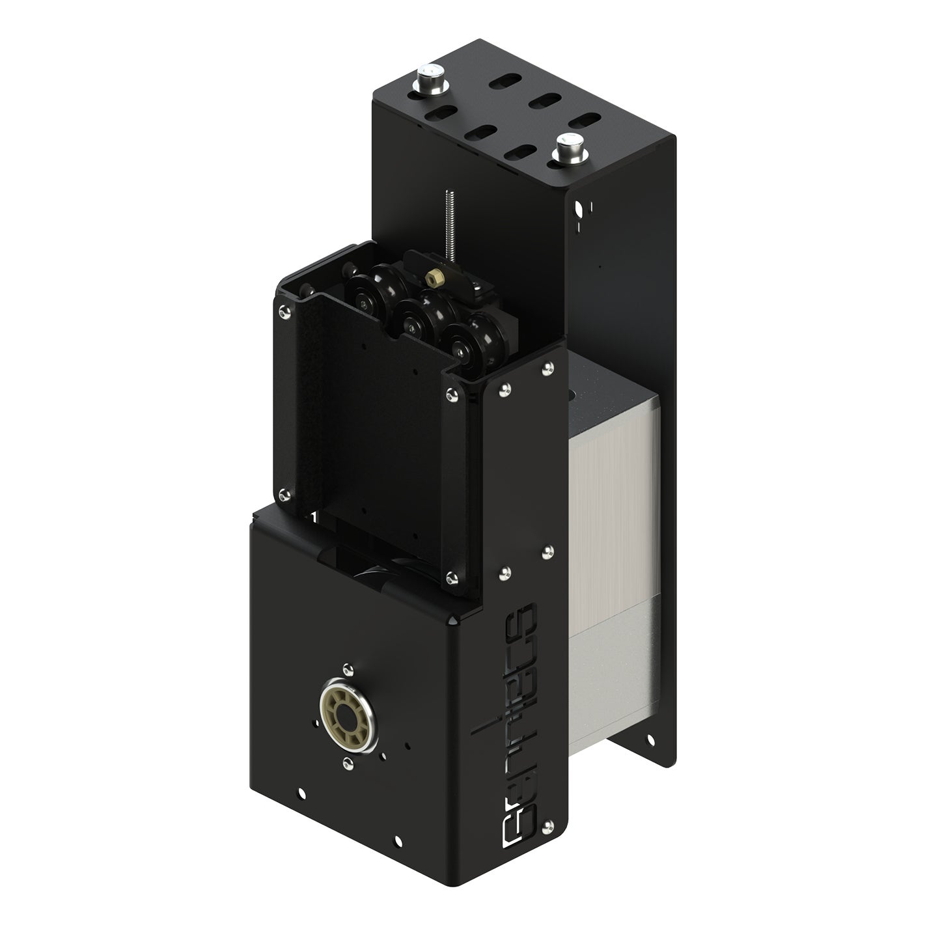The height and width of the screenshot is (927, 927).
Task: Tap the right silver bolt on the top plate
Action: (568, 146)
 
